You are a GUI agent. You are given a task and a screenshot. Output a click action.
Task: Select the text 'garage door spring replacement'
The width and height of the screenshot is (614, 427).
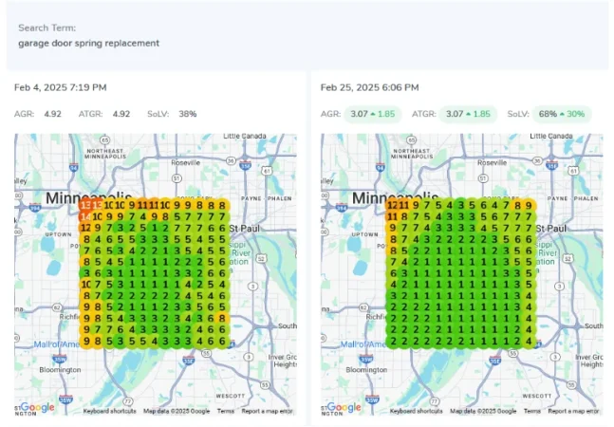click(x=88, y=44)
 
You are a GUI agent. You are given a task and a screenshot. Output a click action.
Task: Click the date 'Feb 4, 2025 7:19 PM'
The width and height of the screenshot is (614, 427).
click(x=60, y=87)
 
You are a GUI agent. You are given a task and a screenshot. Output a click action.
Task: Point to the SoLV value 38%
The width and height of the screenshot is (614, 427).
click(x=187, y=114)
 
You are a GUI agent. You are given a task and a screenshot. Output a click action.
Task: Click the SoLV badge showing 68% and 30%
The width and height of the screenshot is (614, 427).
click(x=560, y=114)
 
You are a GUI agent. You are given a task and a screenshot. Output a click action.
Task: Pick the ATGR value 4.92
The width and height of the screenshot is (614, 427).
click(x=121, y=114)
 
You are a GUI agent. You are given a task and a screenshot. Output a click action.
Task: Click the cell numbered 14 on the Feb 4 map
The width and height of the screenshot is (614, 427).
click(x=85, y=216)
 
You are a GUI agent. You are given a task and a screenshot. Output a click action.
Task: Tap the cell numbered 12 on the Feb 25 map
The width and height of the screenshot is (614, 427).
click(x=392, y=205)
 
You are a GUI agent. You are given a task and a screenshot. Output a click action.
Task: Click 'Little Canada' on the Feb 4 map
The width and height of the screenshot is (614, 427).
click(x=245, y=138)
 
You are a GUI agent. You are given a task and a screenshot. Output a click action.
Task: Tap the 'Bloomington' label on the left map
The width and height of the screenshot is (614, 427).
click(x=59, y=369)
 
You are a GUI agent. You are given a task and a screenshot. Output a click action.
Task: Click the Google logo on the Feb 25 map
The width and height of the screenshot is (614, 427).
click(x=344, y=407)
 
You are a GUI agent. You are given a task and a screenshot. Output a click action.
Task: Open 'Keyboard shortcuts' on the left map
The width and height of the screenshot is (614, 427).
click(x=110, y=411)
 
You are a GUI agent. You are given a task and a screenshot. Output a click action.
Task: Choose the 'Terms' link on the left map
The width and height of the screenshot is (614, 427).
click(x=226, y=411)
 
